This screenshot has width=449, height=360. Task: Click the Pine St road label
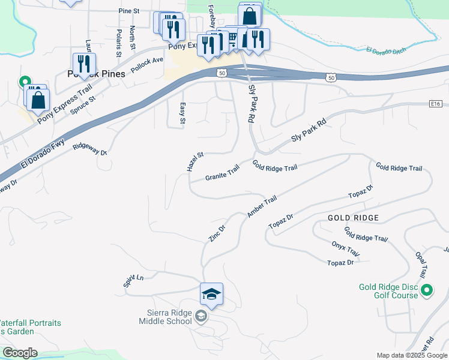pyautogui.click(x=128, y=11)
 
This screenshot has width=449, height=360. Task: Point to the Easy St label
pyautogui.click(x=182, y=113)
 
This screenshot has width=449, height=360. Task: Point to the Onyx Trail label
pyautogui.click(x=345, y=248)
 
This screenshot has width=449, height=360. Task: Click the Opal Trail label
pyautogui.click(x=421, y=264)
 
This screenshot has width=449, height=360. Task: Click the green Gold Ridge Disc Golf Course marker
pyautogui.click(x=427, y=291)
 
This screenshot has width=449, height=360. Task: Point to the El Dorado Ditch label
pyautogui.click(x=386, y=50)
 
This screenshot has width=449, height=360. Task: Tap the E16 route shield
pyautogui.click(x=436, y=104)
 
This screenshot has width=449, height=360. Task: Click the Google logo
pyautogui.click(x=20, y=353)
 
